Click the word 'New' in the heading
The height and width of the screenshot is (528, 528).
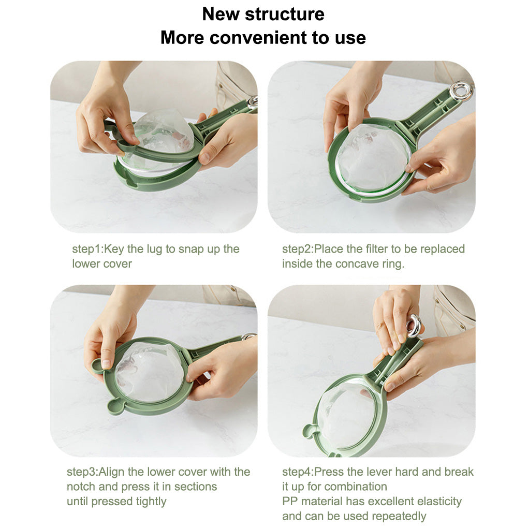(x=221, y=14)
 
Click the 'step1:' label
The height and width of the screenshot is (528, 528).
(x=87, y=249)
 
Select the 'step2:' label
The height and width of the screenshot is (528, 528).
(x=298, y=249)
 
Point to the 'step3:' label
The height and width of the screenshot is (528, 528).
(x=82, y=472)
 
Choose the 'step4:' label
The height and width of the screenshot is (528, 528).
(x=298, y=472)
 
